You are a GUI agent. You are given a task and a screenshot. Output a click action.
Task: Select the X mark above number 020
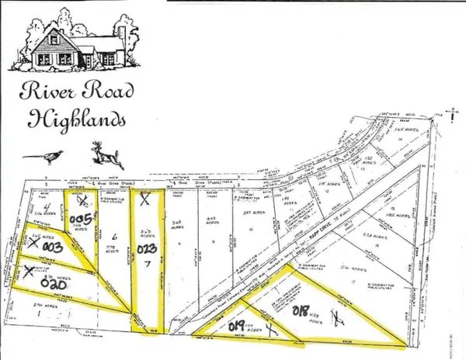point(30,270)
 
